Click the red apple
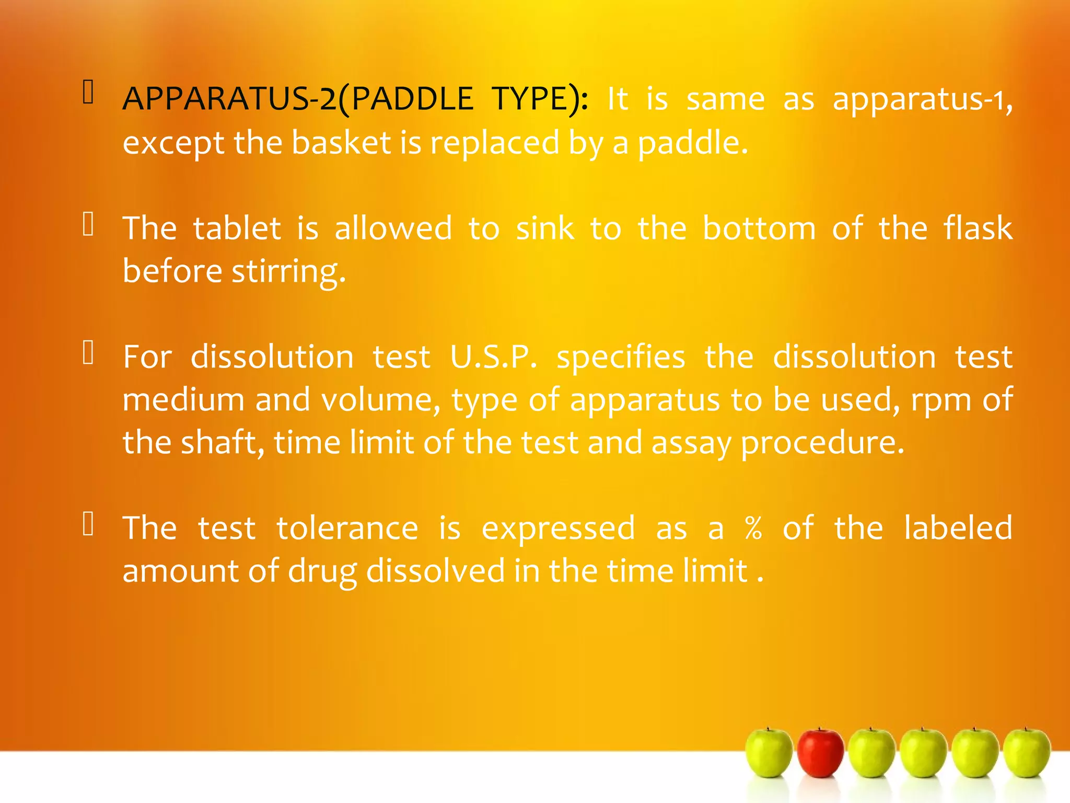820,753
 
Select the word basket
341,142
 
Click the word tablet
237,228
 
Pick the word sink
545,228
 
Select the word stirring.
288,272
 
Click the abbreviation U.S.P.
493,357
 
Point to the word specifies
621,357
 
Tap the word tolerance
347,528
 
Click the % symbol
753,528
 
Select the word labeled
958,528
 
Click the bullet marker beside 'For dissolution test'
88,352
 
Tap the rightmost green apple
1027,753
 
